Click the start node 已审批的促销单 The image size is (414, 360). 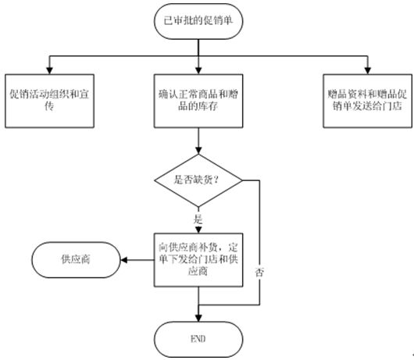click(x=198, y=21)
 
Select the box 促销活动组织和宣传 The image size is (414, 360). click(x=49, y=101)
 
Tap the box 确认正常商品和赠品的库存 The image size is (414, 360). click(x=198, y=101)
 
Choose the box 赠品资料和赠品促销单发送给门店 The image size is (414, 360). click(x=368, y=101)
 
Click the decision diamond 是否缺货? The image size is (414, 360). click(x=198, y=180)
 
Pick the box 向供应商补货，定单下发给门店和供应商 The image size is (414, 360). click(x=198, y=260)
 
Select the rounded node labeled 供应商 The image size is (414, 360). click(x=76, y=260)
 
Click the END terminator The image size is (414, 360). click(x=198, y=340)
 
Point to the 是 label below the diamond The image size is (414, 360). click(x=198, y=219)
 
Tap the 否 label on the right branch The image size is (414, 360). click(x=259, y=272)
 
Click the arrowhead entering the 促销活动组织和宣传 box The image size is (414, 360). click(x=49, y=70)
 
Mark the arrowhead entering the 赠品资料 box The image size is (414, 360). click(x=368, y=70)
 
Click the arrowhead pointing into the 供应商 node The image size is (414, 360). click(x=124, y=260)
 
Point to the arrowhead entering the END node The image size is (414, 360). click(x=198, y=318)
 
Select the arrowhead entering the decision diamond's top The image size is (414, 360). click(x=198, y=151)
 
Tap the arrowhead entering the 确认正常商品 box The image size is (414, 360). click(x=198, y=70)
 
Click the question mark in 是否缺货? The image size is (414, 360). click(x=216, y=180)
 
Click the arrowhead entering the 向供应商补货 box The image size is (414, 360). click(x=198, y=230)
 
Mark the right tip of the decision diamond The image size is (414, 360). click(x=242, y=180)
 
